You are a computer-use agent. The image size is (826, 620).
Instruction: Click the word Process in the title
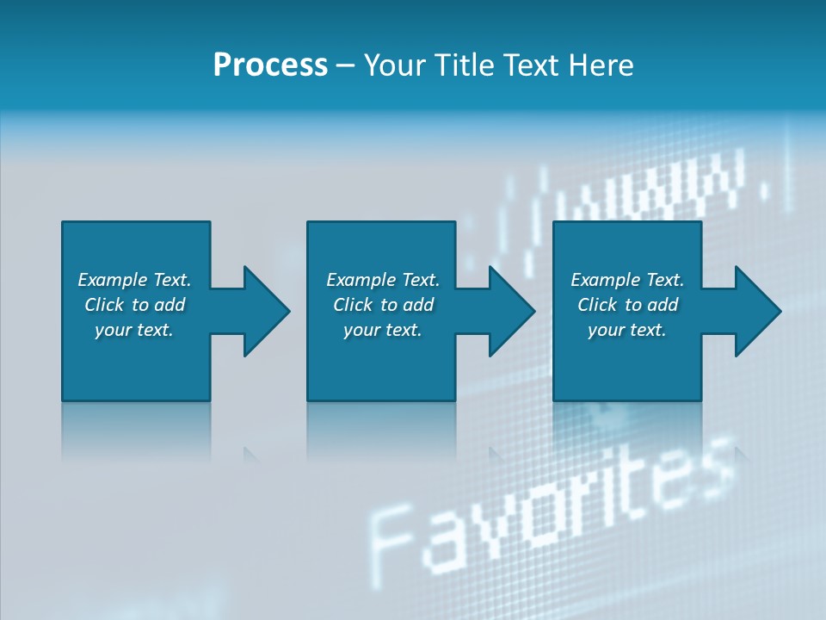[x=270, y=65]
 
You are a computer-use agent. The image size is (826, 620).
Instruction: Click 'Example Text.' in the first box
[x=134, y=280]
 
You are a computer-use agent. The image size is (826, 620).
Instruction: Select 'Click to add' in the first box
[x=134, y=305]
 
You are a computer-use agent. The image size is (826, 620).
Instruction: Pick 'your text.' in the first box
[x=134, y=330]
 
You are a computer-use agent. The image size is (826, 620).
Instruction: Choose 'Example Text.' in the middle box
[x=383, y=280]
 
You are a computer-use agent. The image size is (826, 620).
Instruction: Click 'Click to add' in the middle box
[x=383, y=305]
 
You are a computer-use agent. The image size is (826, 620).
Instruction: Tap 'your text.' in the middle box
[x=383, y=330]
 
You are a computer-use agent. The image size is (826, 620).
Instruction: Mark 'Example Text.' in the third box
[x=627, y=280]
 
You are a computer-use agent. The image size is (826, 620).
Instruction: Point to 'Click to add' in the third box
[x=627, y=305]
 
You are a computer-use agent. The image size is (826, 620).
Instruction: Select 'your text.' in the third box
[x=627, y=330]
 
